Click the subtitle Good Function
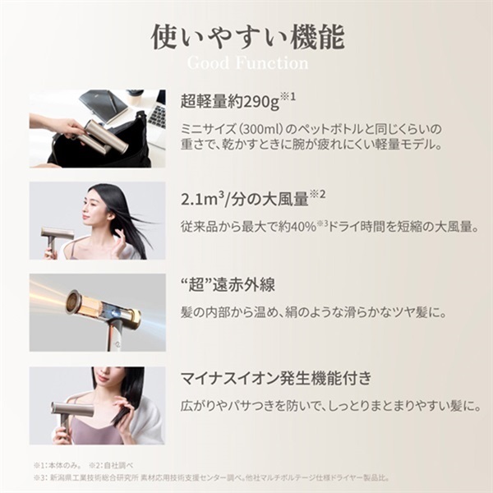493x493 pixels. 247,63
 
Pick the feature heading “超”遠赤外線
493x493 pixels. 222,286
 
